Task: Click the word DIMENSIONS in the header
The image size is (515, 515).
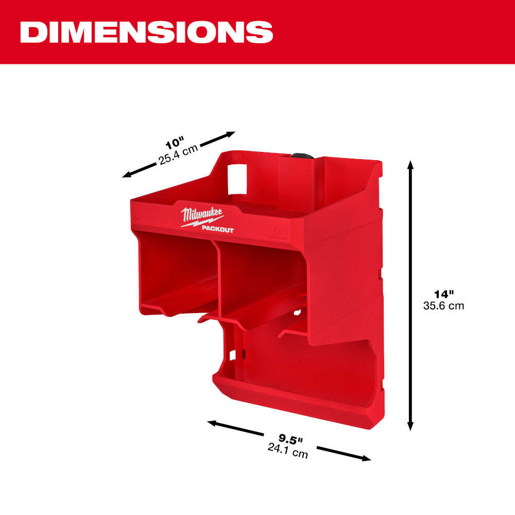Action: pyautogui.click(x=146, y=31)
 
